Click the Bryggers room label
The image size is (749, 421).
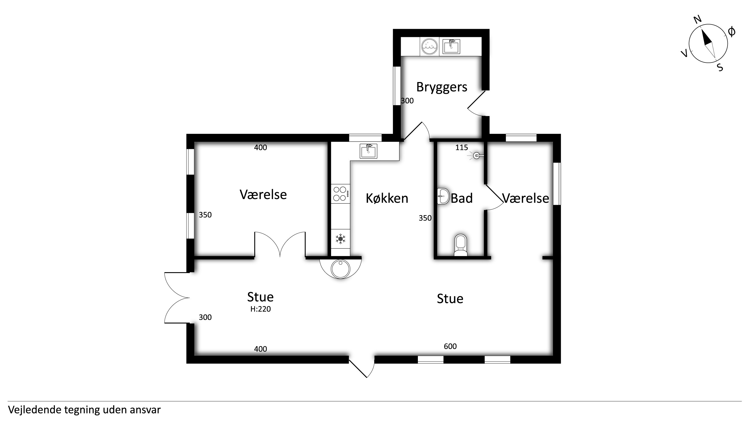[442, 87]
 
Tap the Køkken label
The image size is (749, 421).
[387, 198]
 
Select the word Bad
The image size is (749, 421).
[462, 198]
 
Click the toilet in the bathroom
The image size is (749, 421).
[461, 245]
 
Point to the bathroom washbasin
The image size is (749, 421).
[443, 196]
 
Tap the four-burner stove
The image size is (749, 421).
[340, 194]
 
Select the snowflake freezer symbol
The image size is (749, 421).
[340, 239]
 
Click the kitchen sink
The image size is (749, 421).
[368, 151]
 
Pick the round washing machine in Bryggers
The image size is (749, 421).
[430, 46]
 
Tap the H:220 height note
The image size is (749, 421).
[260, 309]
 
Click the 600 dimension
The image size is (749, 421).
[450, 346]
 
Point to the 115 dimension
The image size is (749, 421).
[461, 147]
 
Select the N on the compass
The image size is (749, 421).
[698, 20]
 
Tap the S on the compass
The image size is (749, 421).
[720, 67]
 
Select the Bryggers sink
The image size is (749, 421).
[451, 46]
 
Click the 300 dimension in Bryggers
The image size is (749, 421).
[407, 100]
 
